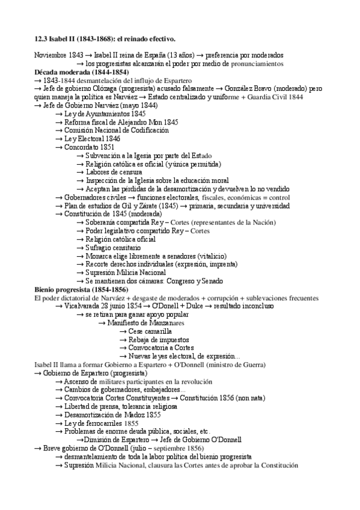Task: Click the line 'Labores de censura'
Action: (117, 171)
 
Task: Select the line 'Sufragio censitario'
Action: (117, 247)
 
